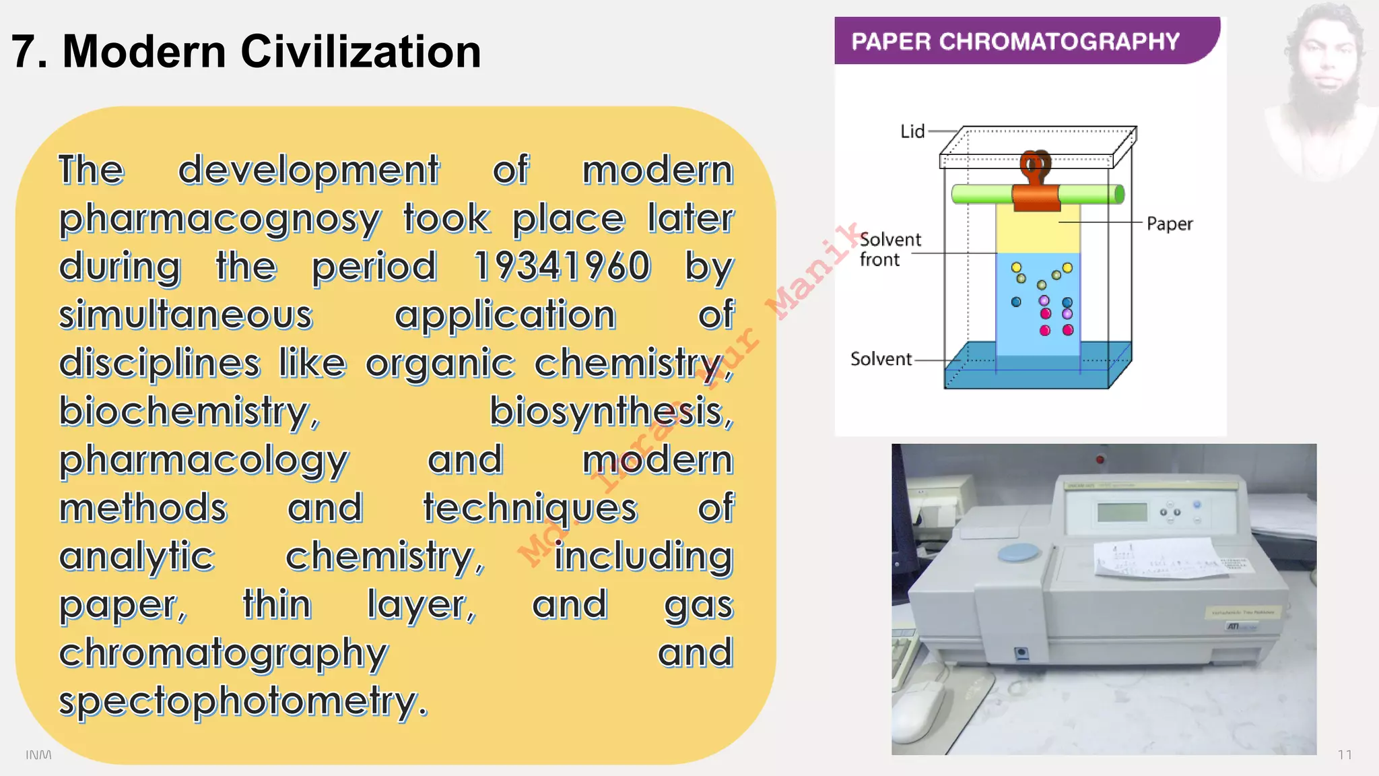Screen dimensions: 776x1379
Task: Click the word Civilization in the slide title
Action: click(360, 52)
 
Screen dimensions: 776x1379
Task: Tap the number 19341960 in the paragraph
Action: click(562, 266)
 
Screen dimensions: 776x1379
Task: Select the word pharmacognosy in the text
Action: click(220, 219)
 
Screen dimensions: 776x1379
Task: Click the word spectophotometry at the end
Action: click(242, 701)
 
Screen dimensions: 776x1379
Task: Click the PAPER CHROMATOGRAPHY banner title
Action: click(1015, 42)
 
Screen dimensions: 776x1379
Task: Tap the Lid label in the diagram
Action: click(912, 131)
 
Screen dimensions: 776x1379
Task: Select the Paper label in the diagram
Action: click(1169, 224)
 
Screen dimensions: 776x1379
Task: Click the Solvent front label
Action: click(889, 249)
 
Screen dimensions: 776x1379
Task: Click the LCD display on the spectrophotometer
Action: click(1122, 511)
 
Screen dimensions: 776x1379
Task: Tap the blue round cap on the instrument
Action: click(1018, 552)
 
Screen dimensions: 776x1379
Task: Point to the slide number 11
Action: click(1344, 754)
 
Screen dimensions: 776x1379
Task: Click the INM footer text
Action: click(38, 754)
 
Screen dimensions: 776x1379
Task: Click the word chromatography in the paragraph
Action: click(224, 653)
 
